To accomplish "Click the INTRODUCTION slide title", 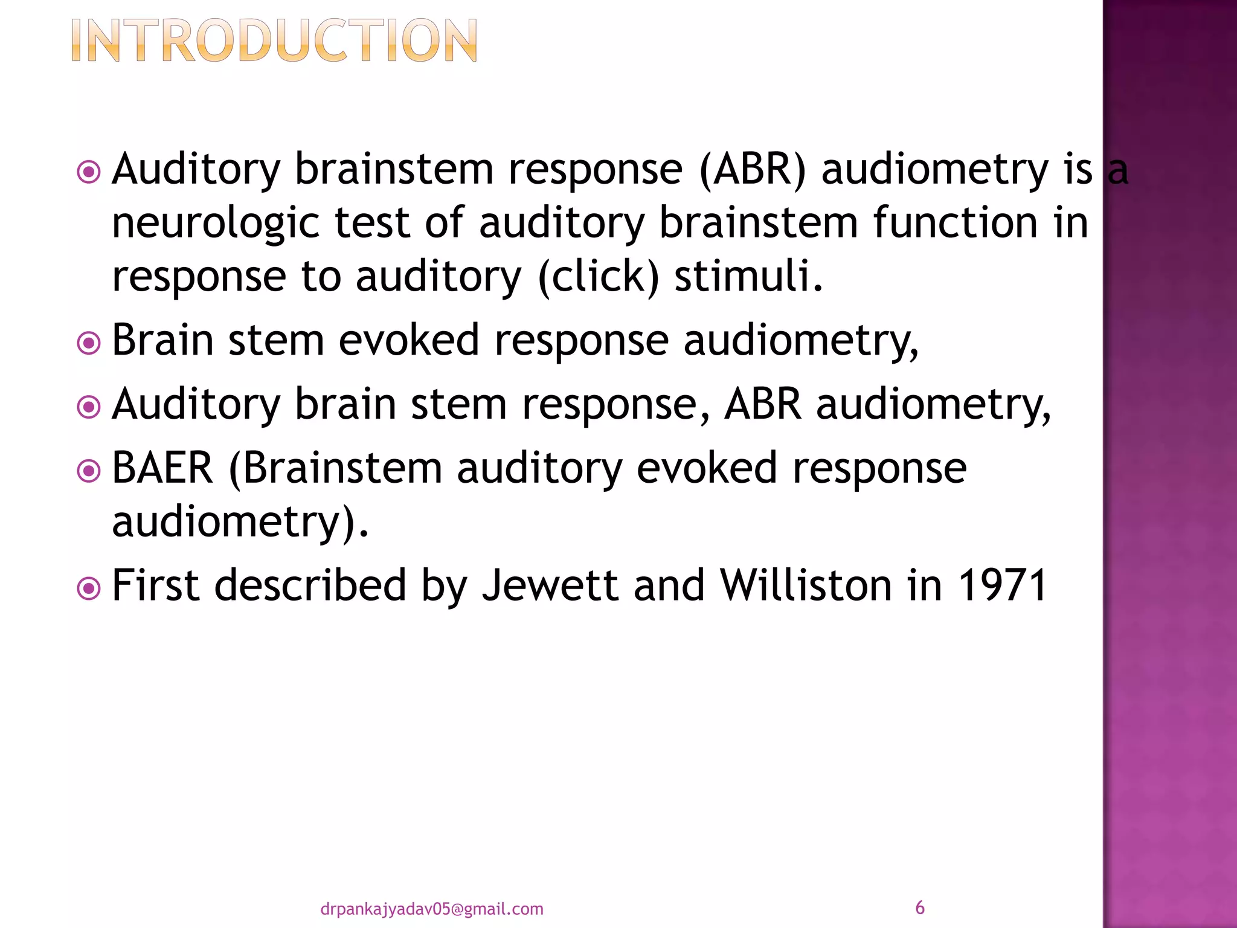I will point(274,41).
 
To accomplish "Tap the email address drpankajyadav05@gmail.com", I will point(431,909).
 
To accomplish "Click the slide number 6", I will point(919,907).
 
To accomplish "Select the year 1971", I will point(1002,585).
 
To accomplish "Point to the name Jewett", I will point(550,585).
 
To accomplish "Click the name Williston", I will point(805,585).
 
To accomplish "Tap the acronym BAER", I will point(162,468).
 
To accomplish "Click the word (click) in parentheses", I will point(598,277).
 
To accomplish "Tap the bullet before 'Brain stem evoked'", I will point(89,344).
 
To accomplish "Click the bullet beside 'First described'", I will point(89,588).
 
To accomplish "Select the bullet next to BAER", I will point(89,471).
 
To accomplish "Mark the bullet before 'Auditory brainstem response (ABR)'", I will point(89,172).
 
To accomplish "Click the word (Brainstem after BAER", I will point(335,468).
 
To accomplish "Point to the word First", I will point(156,585).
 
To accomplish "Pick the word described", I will point(310,585).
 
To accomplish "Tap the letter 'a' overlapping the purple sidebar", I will point(1118,171).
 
